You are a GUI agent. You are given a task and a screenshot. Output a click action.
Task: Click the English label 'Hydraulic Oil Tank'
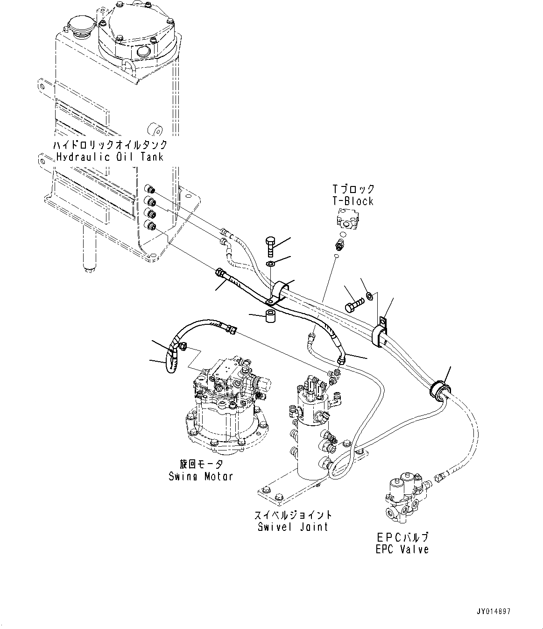point(110,157)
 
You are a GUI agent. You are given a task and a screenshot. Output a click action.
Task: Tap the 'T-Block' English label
point(353,201)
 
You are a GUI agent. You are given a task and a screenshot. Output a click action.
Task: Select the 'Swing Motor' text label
point(201,476)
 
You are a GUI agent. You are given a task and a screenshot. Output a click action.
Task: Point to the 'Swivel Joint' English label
point(293,527)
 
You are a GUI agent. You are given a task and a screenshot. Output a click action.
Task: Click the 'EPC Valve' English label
point(402,549)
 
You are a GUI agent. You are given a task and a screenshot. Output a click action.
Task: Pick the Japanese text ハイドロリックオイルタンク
point(110,144)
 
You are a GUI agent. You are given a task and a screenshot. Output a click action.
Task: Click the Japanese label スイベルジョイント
point(293,515)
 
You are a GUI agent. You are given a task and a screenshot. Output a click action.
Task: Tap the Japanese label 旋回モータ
point(201,464)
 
